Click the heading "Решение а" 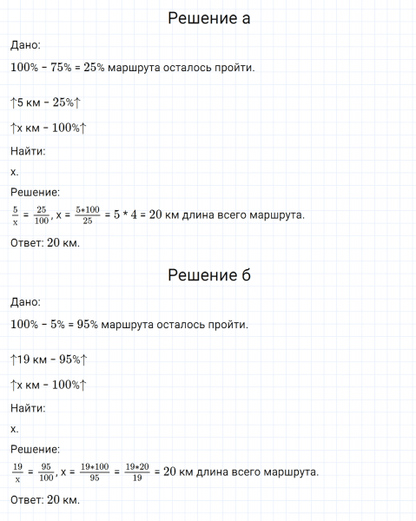208,19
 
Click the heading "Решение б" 208,276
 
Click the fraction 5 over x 15,214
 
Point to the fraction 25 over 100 42,214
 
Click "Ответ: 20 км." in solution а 45,242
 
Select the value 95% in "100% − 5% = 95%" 86,325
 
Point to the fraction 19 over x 18,472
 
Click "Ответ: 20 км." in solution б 45,500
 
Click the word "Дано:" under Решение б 25,302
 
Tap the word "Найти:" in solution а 28,151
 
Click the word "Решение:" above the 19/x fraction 35,450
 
